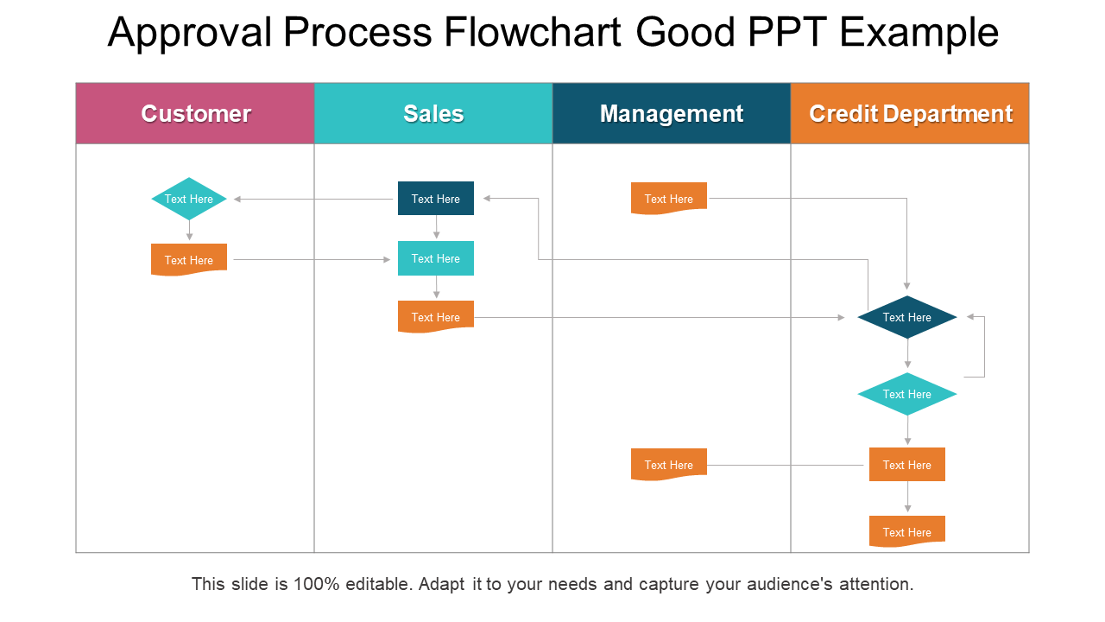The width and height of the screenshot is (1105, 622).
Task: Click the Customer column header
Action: point(195,113)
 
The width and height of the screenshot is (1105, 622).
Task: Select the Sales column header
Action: point(433,113)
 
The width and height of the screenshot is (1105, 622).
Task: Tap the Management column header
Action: point(672,113)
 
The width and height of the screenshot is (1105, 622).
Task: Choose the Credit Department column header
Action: point(910,113)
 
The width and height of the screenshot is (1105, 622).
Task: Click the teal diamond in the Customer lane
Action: point(189,199)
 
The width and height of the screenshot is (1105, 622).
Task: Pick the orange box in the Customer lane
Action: point(189,259)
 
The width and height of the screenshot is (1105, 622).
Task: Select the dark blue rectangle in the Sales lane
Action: point(436,198)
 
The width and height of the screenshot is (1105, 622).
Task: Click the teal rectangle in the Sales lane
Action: point(436,258)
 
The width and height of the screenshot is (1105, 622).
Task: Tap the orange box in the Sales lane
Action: point(436,316)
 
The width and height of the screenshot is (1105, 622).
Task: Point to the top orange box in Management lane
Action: point(669,198)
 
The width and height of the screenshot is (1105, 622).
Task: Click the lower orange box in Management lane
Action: point(669,464)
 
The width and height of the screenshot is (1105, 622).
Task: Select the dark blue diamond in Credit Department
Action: point(907,317)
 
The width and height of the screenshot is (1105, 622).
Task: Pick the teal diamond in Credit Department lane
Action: point(907,394)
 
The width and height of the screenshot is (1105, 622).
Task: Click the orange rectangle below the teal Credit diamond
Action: point(907,464)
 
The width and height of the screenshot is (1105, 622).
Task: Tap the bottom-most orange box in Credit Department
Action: point(907,531)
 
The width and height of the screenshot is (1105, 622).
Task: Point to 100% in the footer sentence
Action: point(317,584)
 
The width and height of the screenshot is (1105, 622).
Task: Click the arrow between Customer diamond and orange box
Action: point(189,231)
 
